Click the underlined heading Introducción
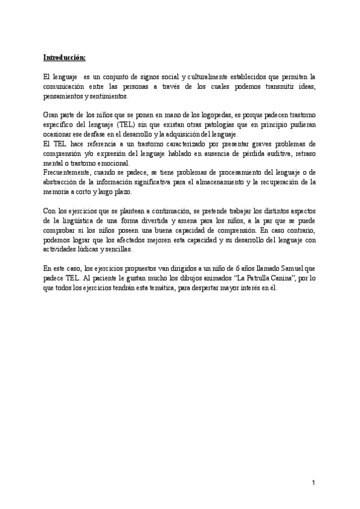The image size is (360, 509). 64,58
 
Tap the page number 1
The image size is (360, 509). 313,483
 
